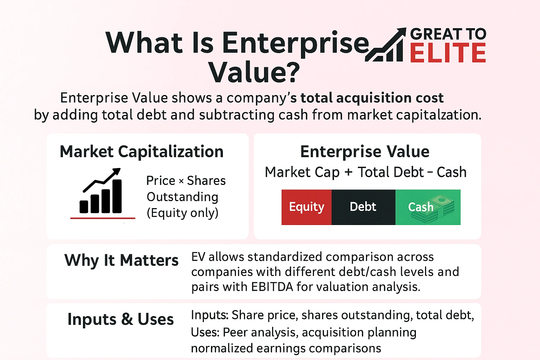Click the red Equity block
[x=306, y=207]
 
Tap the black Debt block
[x=363, y=207]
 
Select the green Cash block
[x=428, y=207]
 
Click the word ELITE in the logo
[x=448, y=53]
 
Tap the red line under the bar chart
[x=103, y=218]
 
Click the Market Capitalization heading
[x=142, y=152]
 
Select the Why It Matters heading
[x=121, y=261]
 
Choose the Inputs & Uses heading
[x=121, y=320]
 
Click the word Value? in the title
[x=254, y=72]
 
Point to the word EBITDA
[x=272, y=287]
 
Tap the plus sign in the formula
[x=348, y=172]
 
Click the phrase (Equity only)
[x=182, y=213]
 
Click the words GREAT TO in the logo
[x=448, y=34]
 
